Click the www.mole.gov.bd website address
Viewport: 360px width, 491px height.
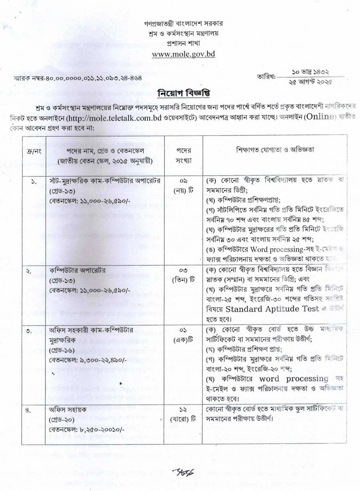point(183,54)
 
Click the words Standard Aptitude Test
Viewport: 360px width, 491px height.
point(272,309)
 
